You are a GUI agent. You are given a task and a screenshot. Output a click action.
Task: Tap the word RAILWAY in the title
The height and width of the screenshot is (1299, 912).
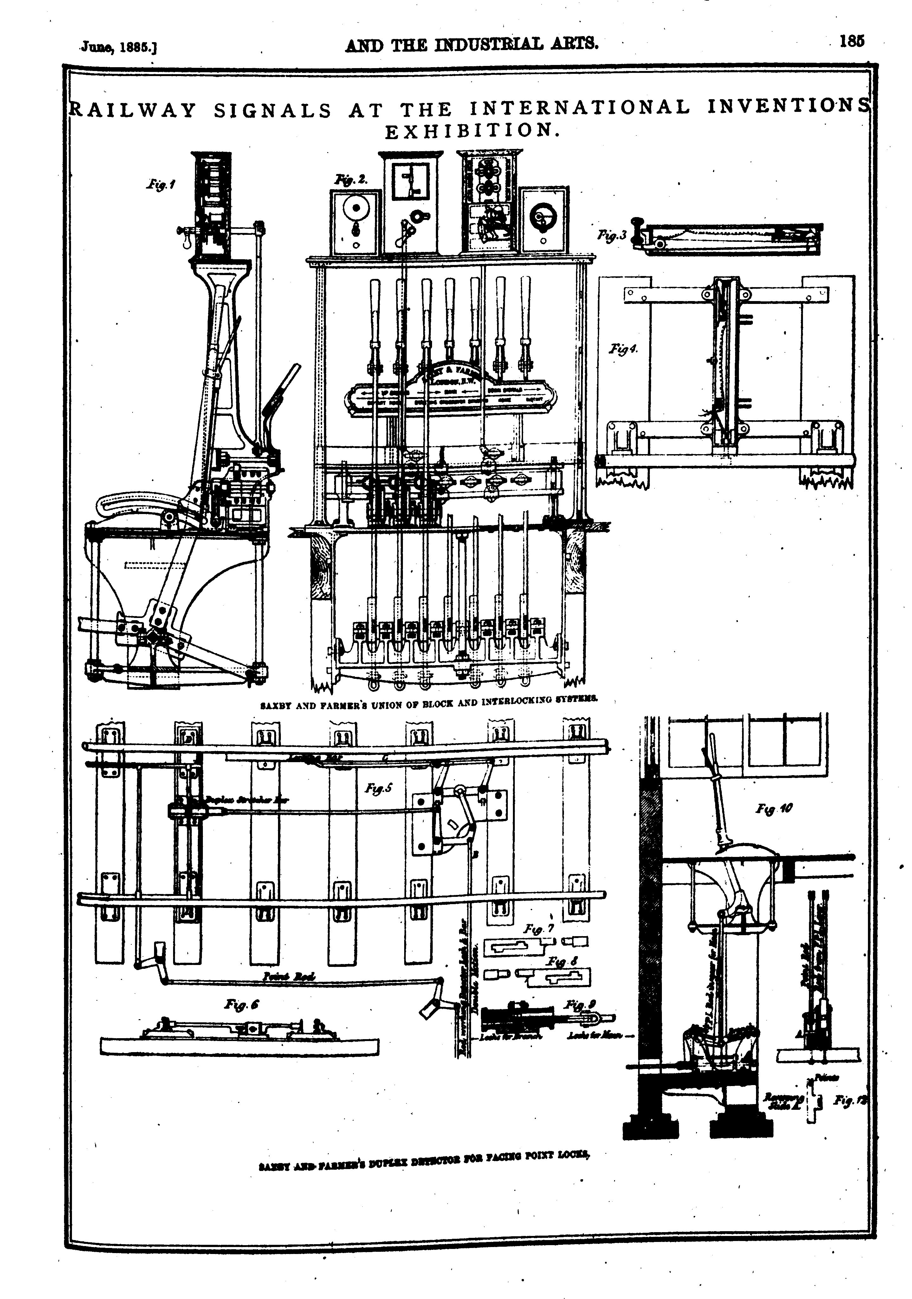tap(133, 109)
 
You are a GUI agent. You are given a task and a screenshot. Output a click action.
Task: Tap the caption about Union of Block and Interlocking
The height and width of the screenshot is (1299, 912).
tap(430, 705)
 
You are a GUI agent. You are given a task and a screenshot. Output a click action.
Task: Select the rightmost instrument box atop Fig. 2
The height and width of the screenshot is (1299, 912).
tap(543, 221)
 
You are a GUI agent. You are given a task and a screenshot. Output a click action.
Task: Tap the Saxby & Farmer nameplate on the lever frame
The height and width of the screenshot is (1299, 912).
tap(450, 390)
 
